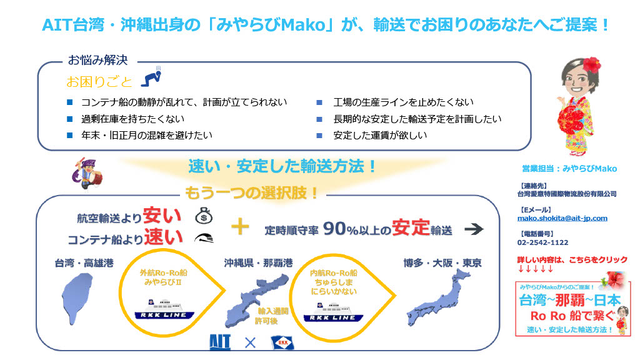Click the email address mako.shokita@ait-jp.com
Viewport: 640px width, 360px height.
coord(562,218)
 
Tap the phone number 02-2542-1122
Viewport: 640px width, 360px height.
coord(542,242)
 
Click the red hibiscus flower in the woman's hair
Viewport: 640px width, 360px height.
coord(591,66)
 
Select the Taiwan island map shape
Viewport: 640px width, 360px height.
coord(77,297)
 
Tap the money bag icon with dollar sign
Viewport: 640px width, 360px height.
coord(204,216)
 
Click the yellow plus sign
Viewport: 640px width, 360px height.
coord(240,227)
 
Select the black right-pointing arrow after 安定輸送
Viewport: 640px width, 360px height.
coord(474,229)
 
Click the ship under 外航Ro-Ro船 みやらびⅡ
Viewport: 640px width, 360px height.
coord(164,309)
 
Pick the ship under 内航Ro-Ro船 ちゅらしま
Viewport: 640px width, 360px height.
coord(333,312)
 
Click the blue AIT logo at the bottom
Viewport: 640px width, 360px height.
coord(220,342)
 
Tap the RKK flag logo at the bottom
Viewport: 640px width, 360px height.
coord(282,343)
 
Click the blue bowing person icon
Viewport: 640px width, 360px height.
coord(151,77)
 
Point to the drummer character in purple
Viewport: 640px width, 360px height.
coord(87,174)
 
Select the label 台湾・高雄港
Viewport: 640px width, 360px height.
coord(84,263)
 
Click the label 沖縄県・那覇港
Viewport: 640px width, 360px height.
coord(258,263)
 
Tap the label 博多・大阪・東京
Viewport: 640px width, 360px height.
coord(442,263)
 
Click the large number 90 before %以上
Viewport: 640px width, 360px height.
coord(335,229)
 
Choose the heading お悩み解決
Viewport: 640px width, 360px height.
coord(98,60)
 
